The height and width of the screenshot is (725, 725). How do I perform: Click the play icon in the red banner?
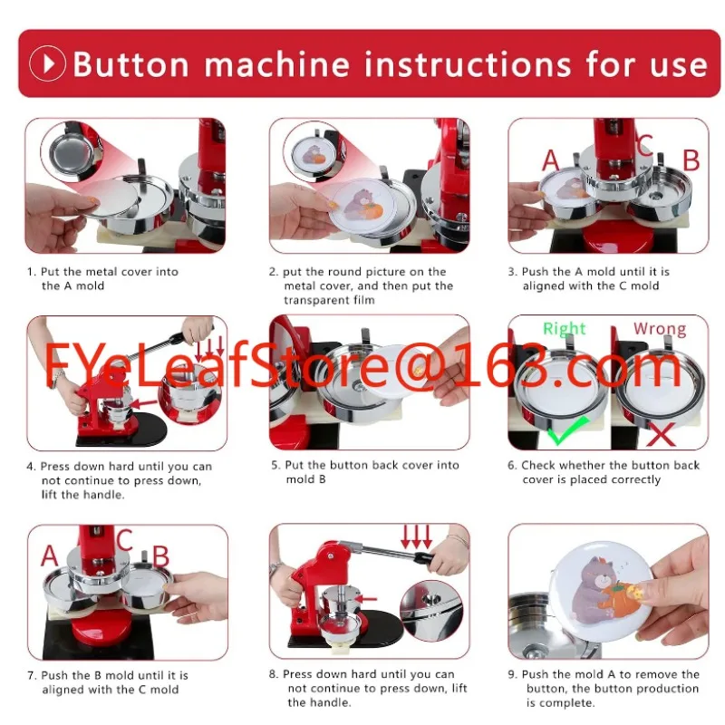(x=47, y=63)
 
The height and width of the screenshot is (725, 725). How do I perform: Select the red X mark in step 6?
(x=662, y=434)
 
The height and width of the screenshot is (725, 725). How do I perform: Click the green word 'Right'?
(x=565, y=329)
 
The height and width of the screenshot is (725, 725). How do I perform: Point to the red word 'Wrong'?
(x=659, y=329)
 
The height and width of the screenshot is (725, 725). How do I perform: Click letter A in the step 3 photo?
(x=551, y=160)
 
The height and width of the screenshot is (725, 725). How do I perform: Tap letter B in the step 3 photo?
(x=691, y=160)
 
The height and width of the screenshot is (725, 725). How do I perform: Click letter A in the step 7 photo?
(x=49, y=556)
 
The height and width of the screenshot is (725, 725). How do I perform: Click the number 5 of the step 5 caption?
(x=275, y=466)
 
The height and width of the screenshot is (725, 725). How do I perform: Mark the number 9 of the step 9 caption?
(x=513, y=675)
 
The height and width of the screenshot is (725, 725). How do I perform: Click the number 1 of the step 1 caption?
(x=30, y=272)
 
